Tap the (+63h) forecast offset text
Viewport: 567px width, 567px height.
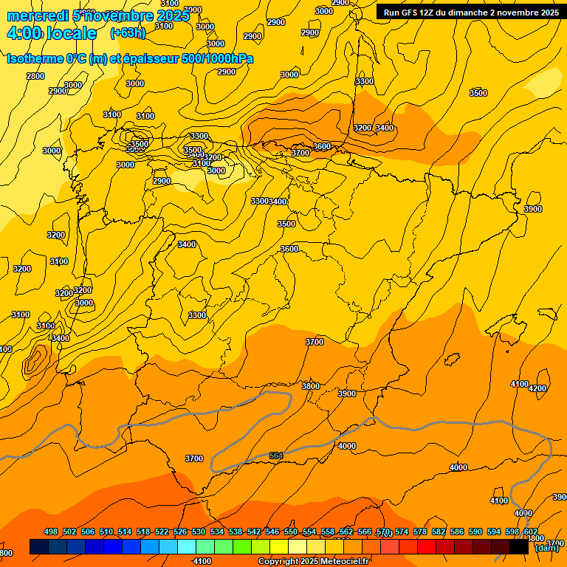(x=128, y=32)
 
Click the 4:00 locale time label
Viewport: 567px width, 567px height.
(x=52, y=33)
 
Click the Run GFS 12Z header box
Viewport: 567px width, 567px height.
(x=470, y=12)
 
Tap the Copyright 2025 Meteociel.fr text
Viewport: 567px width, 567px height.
(x=314, y=562)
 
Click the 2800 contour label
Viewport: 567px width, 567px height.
(x=35, y=76)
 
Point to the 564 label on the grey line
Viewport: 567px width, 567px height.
(x=276, y=456)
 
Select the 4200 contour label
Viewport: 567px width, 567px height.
(x=537, y=388)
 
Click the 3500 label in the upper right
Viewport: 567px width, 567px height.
(x=478, y=93)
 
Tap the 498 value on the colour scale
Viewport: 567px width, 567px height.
(x=51, y=532)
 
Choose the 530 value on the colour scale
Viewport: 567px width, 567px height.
(x=199, y=532)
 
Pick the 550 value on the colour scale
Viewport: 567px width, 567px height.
(x=291, y=532)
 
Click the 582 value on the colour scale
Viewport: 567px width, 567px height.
(x=439, y=532)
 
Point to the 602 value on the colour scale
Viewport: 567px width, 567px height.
(x=531, y=532)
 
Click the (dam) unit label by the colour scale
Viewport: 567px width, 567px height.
(x=547, y=547)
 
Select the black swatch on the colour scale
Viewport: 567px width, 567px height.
(x=519, y=547)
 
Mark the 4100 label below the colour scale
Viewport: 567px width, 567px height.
(x=202, y=562)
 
